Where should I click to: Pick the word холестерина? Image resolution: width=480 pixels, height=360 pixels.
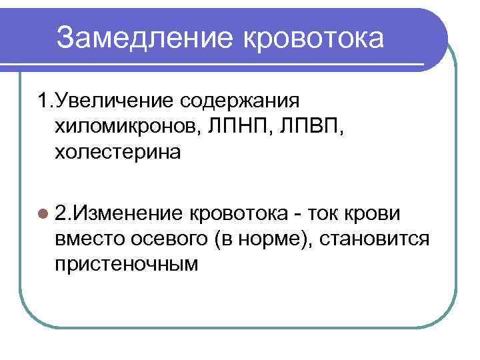click(117, 153)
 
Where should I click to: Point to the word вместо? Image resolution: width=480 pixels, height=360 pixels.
click(85, 238)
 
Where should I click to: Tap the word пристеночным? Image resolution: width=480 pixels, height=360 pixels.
click(127, 264)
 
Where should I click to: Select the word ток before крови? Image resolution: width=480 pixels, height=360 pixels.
click(330, 213)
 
